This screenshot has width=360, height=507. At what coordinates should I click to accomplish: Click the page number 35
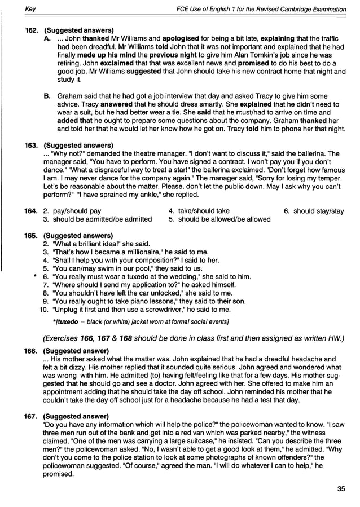click(x=340, y=489)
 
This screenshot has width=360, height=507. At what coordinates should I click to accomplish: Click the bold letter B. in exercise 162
click(x=47, y=96)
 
